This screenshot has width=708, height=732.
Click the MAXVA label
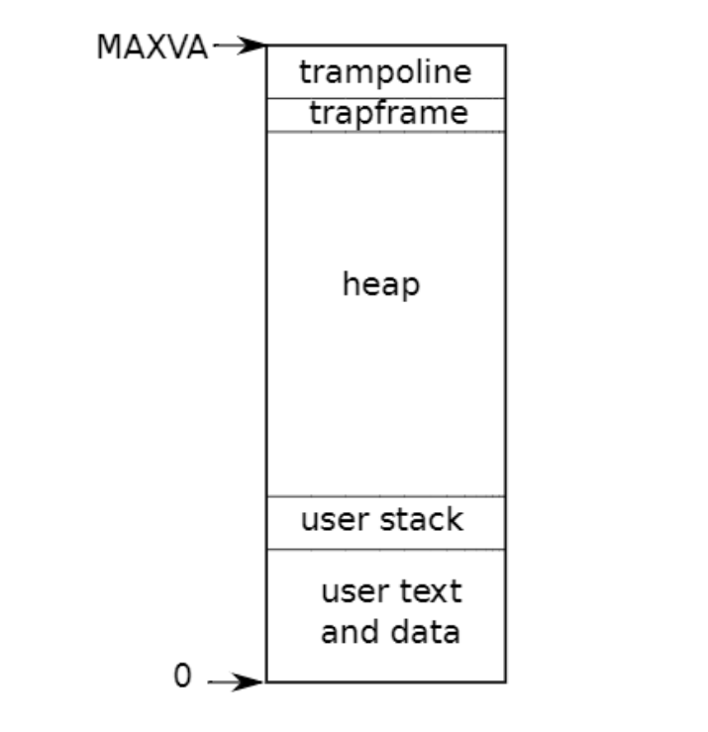point(152,47)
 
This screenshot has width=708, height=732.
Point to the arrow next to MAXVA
point(240,46)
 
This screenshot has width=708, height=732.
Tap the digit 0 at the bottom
point(182,677)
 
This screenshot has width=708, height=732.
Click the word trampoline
point(385,72)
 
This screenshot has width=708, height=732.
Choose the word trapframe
point(387,113)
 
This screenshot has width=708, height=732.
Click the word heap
point(381,285)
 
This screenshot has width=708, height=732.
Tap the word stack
point(419,520)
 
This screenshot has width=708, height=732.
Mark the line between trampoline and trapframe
point(385,98)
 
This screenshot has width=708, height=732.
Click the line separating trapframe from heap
point(385,132)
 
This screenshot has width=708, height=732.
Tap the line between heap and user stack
point(385,496)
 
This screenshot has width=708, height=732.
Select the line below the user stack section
point(385,549)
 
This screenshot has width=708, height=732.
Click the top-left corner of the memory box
point(266,46)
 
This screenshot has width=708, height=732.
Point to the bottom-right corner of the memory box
point(505,681)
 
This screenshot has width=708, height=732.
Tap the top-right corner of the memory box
point(505,46)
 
